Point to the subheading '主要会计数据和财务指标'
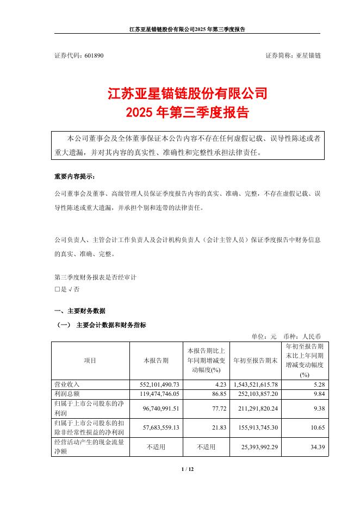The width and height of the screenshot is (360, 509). click(x=111, y=325)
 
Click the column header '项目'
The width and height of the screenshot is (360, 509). click(x=90, y=360)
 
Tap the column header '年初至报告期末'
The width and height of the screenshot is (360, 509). click(x=255, y=360)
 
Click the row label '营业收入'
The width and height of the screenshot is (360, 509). click(x=67, y=384)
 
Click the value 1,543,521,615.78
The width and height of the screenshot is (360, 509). click(x=255, y=384)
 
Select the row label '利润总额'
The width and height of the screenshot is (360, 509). click(x=67, y=393)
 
